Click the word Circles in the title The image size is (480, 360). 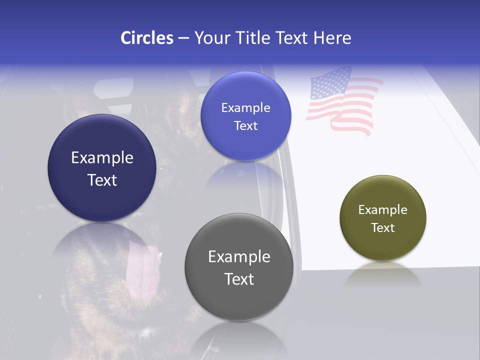[146, 38]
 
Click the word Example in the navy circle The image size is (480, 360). [102, 158]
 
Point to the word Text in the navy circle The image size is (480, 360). [102, 180]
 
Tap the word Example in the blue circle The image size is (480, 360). [245, 108]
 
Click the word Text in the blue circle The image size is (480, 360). [245, 126]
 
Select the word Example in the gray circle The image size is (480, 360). [239, 257]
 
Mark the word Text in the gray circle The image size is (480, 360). [239, 279]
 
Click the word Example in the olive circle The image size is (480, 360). [382, 210]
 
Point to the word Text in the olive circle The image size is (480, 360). [382, 228]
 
